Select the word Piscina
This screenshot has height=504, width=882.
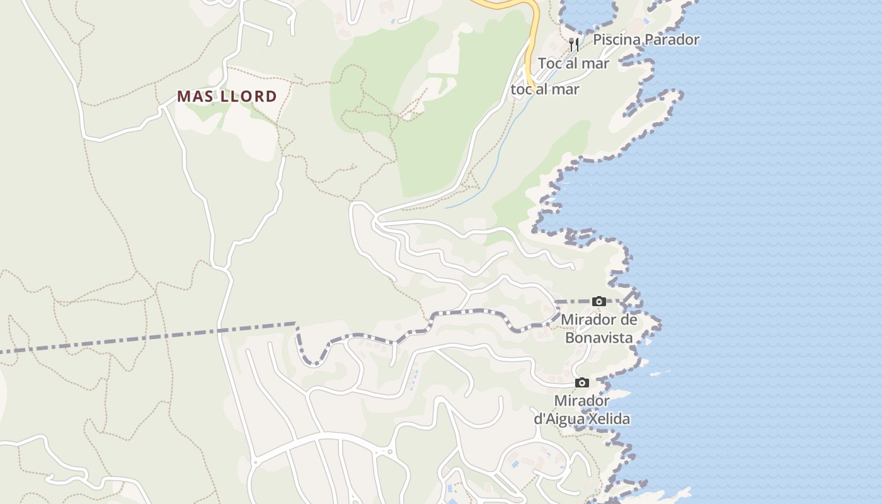(x=616, y=40)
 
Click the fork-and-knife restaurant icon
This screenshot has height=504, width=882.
(x=573, y=44)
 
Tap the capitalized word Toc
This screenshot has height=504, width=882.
(x=550, y=64)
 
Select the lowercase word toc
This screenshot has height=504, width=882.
(x=522, y=89)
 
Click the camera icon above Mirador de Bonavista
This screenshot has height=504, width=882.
(x=599, y=302)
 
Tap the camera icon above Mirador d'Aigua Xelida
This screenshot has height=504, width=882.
(x=582, y=382)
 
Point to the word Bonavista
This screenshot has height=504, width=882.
(x=598, y=338)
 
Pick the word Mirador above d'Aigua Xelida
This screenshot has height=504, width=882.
(x=581, y=401)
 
